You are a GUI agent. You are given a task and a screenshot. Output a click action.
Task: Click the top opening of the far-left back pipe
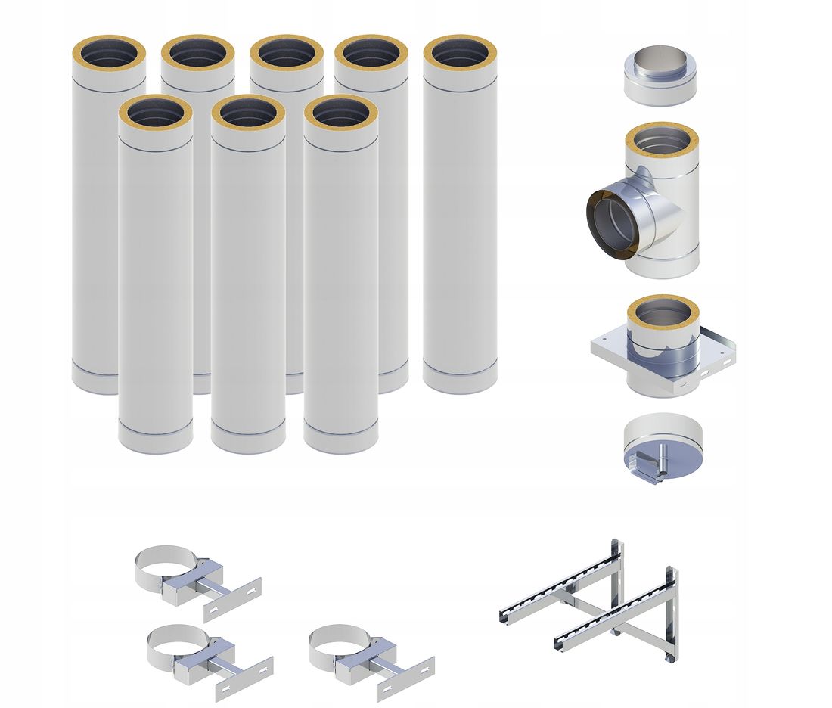(109, 54)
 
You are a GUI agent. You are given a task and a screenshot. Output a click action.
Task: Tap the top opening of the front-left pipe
(155, 113)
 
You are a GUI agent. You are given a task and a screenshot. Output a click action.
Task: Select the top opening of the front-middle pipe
(248, 113)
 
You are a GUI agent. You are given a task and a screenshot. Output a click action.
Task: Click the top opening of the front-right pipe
(340, 113)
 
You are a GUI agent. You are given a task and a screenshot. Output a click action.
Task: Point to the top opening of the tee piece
(662, 139)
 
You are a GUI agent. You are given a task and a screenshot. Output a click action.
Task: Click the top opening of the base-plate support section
(663, 311)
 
